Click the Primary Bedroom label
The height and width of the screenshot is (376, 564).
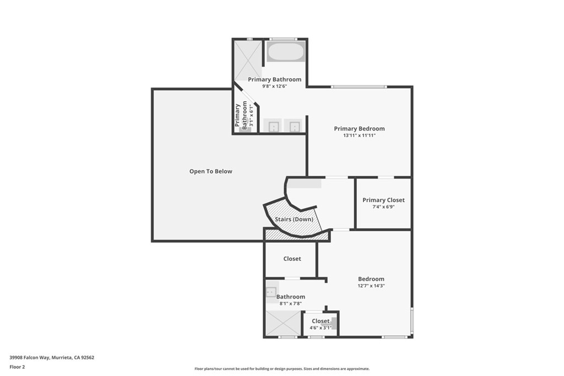point(359,129)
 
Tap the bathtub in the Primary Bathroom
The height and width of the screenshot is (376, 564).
point(285,52)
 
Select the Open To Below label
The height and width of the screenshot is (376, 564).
point(210,171)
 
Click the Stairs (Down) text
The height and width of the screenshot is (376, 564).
point(294,219)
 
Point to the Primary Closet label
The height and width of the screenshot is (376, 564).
point(383,200)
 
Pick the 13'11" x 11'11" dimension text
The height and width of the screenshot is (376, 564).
point(359,135)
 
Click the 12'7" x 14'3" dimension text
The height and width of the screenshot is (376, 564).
point(371,286)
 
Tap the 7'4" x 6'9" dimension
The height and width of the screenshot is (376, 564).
point(383,207)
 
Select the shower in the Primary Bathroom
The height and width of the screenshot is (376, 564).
point(247,59)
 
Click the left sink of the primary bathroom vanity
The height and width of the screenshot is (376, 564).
point(273,126)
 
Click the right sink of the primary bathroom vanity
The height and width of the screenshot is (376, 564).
point(295,126)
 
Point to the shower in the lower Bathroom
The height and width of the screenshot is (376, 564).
point(284,323)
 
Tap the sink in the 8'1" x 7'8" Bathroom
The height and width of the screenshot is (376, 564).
point(272,292)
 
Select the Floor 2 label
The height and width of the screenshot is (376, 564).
point(18,366)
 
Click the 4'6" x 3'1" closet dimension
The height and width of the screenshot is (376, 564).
point(320,328)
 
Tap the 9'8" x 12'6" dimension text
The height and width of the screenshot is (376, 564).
point(274,86)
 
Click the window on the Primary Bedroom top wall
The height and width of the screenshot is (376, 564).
point(359,86)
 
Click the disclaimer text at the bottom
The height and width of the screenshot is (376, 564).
point(281,369)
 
